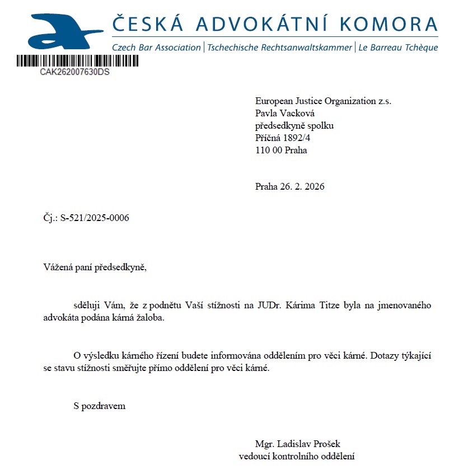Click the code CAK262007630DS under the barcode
tap(74, 72)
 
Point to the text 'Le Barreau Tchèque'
tap(397, 48)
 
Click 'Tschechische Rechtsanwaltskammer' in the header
tap(279, 48)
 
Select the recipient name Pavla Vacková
tap(284, 114)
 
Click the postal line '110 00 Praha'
tap(281, 150)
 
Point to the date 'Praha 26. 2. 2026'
tap(289, 186)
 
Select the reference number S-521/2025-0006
tap(95, 218)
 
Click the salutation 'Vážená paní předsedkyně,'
tap(95, 267)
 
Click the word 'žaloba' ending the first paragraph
tap(152, 318)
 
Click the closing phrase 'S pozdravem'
tap(99, 406)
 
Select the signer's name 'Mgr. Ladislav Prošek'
tap(297, 444)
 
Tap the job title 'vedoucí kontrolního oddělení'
tap(297, 456)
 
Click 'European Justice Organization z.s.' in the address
tap(323, 101)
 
